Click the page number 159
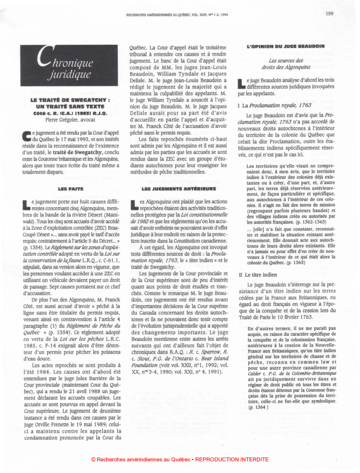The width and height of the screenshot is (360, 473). pyautogui.click(x=329, y=14)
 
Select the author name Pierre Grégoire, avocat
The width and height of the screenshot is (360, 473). pyautogui.click(x=70, y=120)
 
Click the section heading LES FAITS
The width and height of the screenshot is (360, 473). pyautogui.click(x=70, y=188)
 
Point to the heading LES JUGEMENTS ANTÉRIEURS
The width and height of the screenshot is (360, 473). pyautogui.click(x=179, y=188)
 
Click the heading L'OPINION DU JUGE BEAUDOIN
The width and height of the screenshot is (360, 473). pyautogui.click(x=286, y=46)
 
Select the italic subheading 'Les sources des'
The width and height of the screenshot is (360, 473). pyautogui.click(x=286, y=60)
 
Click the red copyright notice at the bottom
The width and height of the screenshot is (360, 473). pyautogui.click(x=180, y=459)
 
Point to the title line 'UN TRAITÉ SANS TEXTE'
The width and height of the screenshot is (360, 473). pyautogui.click(x=70, y=107)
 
